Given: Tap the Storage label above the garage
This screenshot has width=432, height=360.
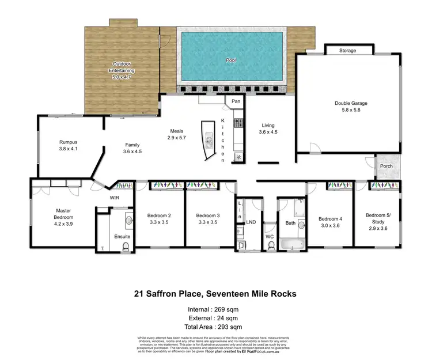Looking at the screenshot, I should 347,51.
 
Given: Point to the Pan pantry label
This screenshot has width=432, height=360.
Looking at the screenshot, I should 236,101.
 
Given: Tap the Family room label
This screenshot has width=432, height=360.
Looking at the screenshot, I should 132,145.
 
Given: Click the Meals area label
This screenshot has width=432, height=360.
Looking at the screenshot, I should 176,131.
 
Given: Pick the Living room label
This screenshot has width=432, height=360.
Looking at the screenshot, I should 268,125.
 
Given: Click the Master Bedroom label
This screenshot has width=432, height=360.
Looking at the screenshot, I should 63,214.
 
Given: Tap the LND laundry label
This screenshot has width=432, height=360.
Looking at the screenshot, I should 251,221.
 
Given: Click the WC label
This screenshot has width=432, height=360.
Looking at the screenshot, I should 270,236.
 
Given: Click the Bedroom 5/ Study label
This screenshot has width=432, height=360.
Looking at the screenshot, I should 377,218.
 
